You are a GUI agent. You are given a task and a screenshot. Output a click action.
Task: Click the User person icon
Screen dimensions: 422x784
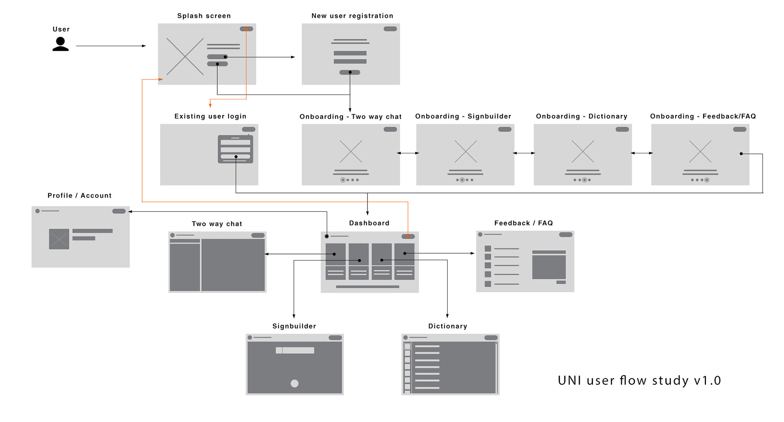[x=60, y=44]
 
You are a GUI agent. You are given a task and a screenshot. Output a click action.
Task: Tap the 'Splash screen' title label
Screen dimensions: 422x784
[x=204, y=16]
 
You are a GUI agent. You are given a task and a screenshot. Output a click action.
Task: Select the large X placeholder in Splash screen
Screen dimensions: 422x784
[x=185, y=56]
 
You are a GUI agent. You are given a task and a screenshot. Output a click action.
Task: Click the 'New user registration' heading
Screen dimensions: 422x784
[x=352, y=16]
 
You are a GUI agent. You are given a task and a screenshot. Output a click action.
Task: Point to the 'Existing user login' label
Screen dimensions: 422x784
[x=210, y=117]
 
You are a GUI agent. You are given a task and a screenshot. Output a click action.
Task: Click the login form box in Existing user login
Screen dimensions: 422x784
[x=235, y=149]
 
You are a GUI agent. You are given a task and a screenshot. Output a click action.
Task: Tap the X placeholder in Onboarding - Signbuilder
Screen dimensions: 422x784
[x=465, y=151]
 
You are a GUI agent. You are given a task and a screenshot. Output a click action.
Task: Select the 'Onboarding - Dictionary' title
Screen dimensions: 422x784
[x=581, y=117]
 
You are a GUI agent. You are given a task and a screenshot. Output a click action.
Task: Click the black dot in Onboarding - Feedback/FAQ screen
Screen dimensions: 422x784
[x=741, y=154]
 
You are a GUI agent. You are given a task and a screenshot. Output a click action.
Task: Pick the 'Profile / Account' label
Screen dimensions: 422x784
[x=80, y=196]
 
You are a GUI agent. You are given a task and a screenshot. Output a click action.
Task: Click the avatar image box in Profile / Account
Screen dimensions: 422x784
[x=59, y=239]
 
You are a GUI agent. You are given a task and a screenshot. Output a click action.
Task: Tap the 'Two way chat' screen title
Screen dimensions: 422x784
[x=217, y=224]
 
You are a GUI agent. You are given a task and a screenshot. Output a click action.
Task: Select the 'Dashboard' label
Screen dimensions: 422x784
[x=369, y=223]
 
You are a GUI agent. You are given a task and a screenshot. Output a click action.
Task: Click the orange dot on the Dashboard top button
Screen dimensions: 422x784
[x=408, y=236]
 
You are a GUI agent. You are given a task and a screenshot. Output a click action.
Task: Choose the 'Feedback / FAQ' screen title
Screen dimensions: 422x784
[x=523, y=223]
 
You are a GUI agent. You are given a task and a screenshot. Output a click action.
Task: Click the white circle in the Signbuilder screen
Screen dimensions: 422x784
[x=294, y=383]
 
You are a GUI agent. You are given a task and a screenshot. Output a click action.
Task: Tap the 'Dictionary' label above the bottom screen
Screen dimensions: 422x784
[x=448, y=326]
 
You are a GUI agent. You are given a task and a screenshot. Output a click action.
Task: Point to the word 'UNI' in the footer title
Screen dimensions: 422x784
[x=570, y=381]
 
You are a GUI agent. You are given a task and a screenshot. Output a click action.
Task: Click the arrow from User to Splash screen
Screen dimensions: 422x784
[x=111, y=46]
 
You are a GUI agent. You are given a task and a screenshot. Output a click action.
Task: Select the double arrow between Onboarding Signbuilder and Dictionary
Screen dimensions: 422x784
[x=524, y=153]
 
